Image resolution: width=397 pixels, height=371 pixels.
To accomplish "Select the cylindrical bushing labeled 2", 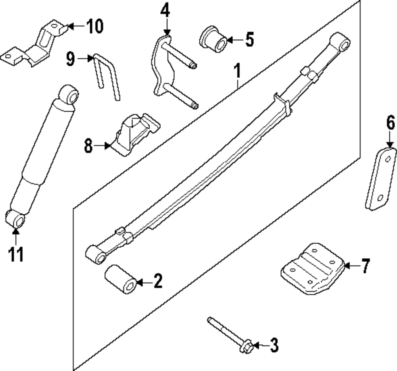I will tap(120, 279).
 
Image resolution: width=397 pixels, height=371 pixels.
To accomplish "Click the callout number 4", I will tap(165, 11).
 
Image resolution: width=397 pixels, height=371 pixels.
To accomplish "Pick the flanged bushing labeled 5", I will tap(213, 39).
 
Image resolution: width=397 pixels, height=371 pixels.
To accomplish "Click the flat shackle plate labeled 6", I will tap(381, 179).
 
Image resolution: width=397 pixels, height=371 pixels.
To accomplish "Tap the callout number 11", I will tap(16, 254).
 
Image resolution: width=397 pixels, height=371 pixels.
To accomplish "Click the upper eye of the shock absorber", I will tap(69, 95).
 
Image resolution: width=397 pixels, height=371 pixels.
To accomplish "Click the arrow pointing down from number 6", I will tap(390, 141).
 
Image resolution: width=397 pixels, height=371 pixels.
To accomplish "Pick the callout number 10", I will tap(94, 27).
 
